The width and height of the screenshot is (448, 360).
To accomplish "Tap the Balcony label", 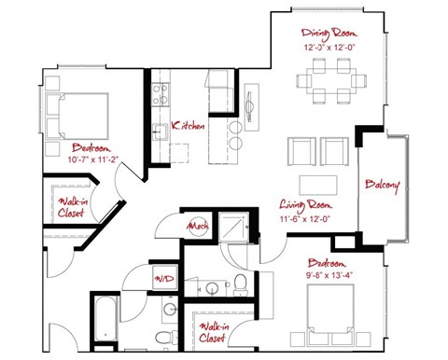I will coord(383,185).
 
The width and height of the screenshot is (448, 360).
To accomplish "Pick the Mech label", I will coord(197,227).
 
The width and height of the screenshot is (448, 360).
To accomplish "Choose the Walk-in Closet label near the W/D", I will coord(216,332).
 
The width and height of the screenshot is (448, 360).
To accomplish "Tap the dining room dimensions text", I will coord(323,47).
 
